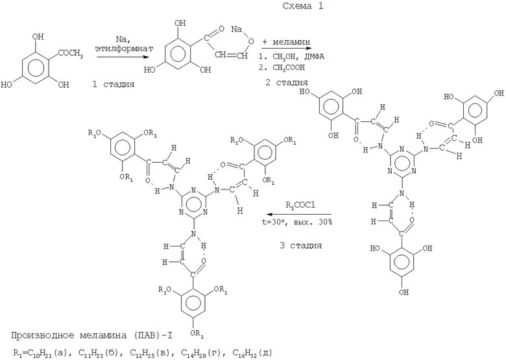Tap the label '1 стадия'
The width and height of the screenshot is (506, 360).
pos(115,84)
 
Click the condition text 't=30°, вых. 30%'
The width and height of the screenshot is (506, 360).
pos(298,221)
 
